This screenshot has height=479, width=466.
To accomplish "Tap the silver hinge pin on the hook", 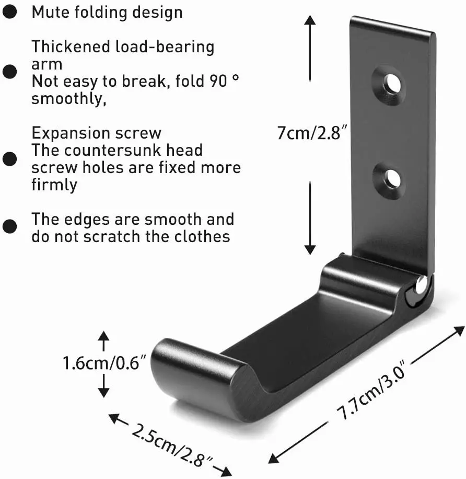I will pos(421,286).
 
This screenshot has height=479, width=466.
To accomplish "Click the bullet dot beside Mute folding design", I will pos(10,13).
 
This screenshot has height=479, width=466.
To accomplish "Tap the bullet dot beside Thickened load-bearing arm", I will pos(10,71).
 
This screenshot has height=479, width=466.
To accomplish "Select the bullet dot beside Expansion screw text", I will pos(10,158).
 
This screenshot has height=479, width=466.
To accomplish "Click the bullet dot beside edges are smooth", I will pos(10,226).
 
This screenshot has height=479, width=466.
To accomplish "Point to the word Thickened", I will pos(71,47).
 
